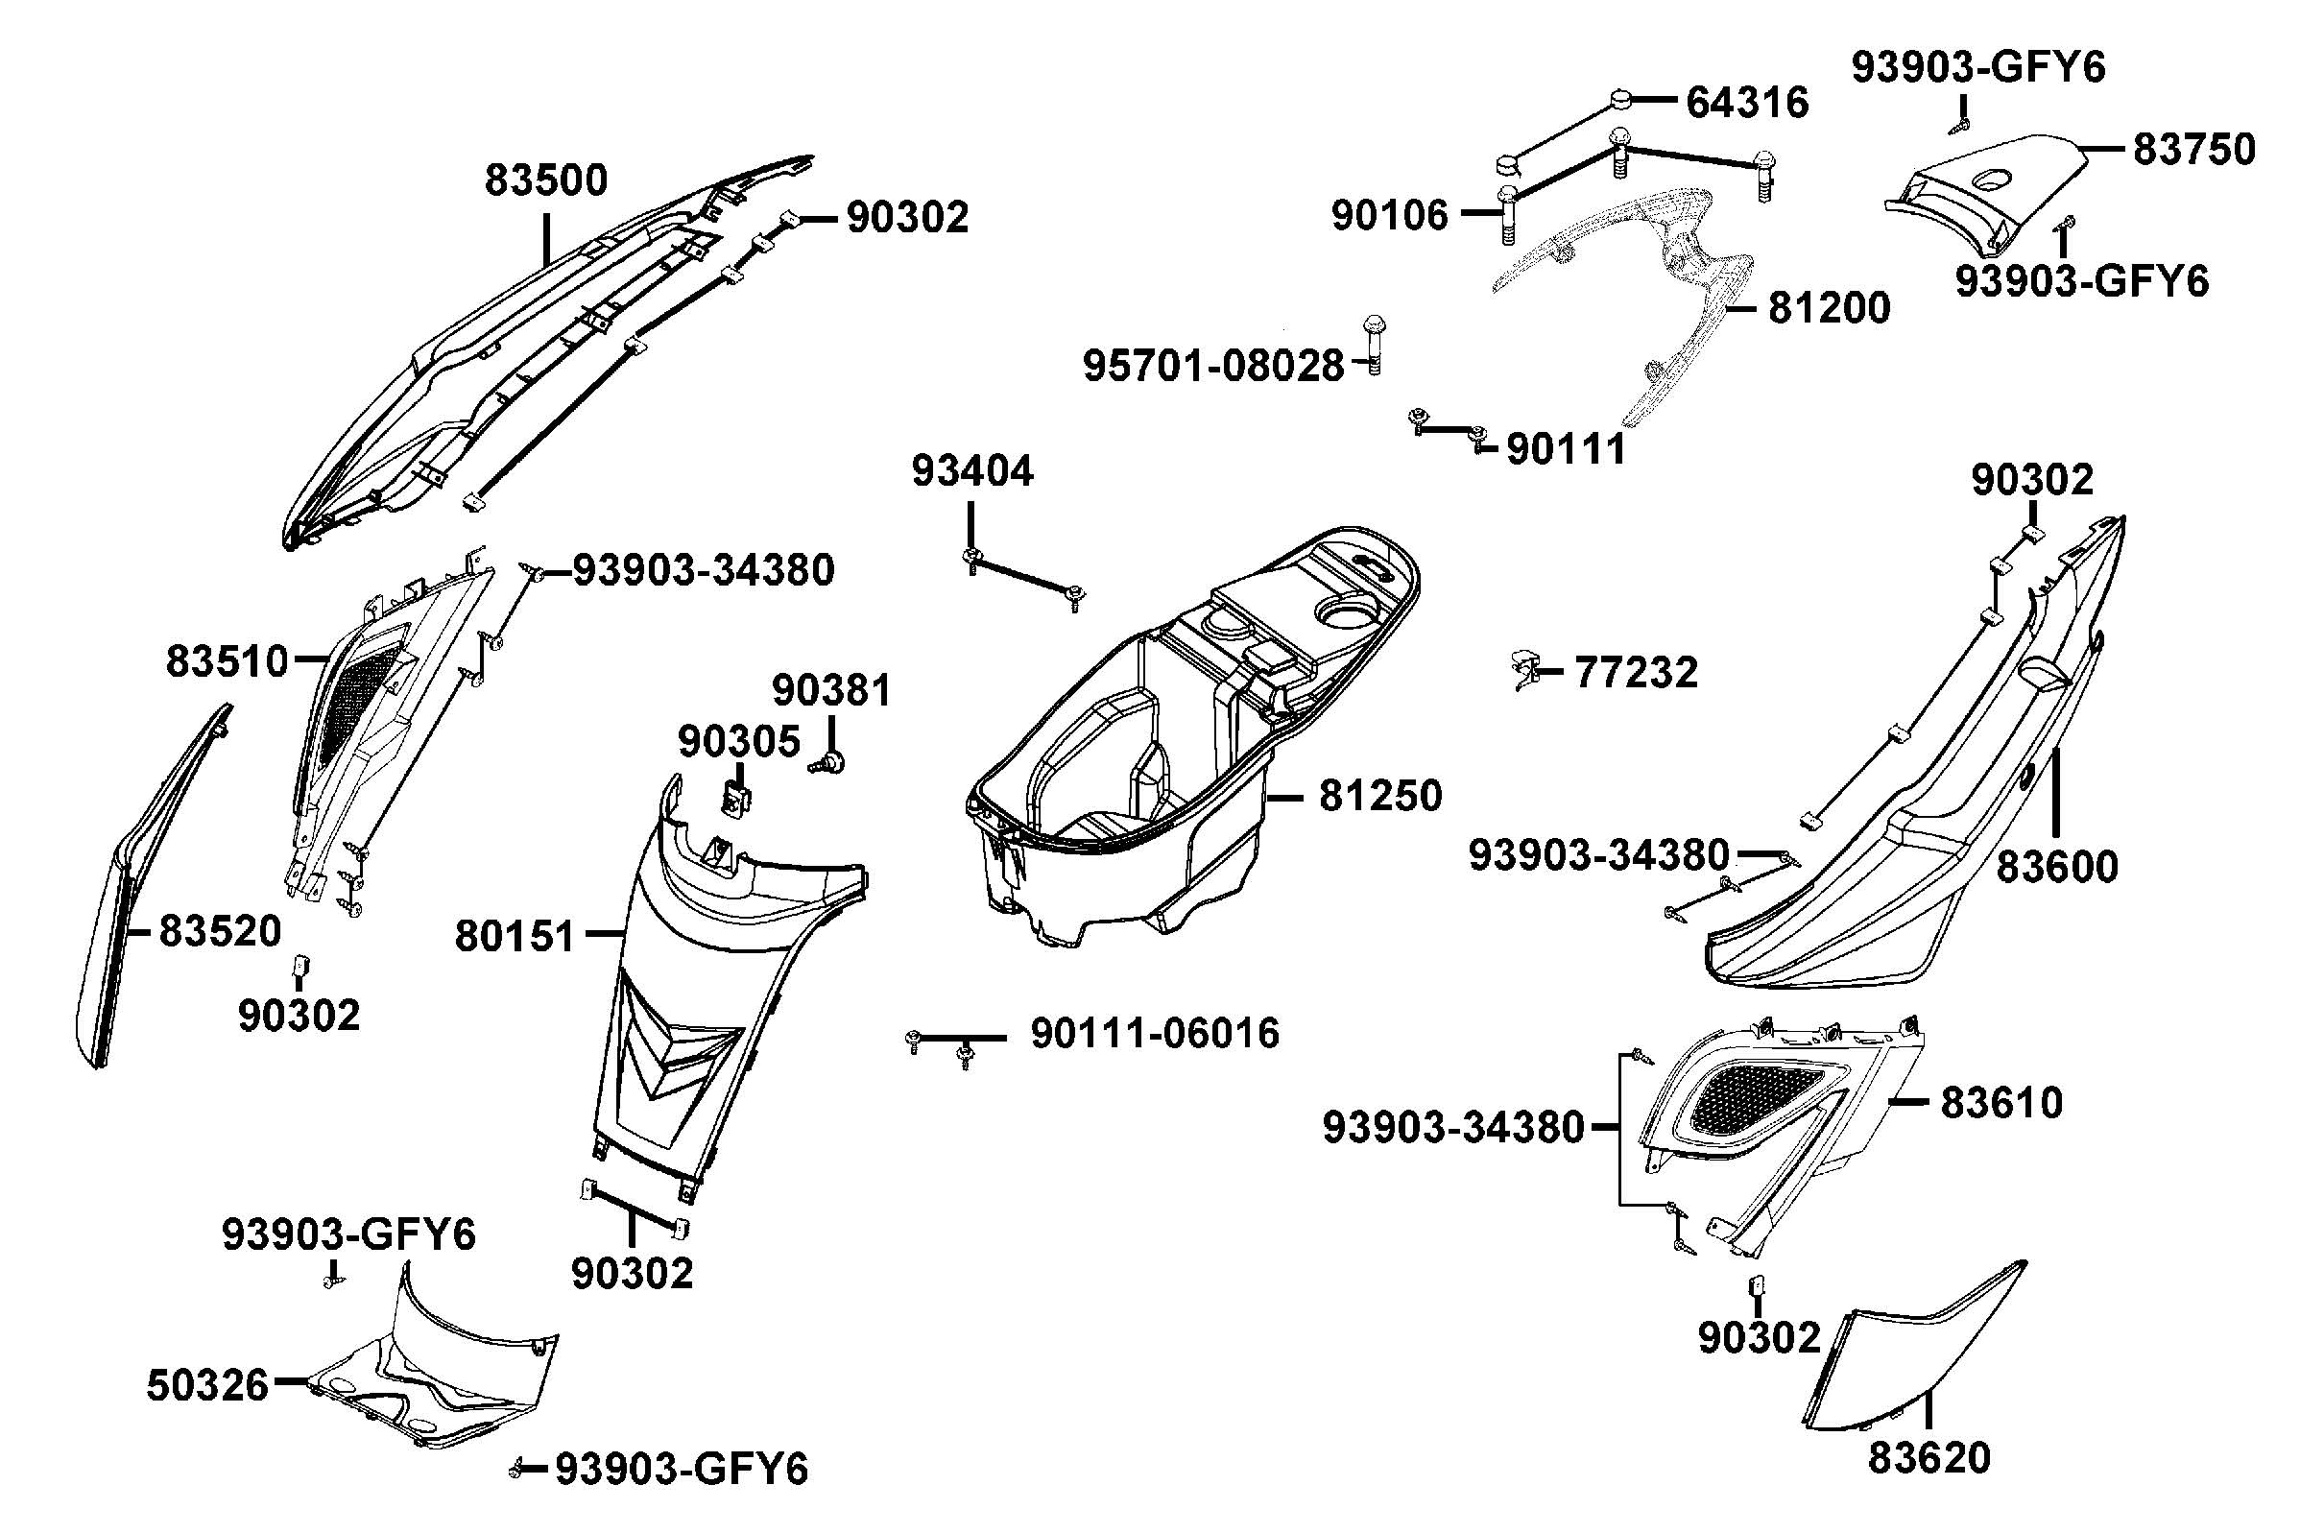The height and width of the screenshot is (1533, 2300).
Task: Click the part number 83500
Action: click(x=545, y=180)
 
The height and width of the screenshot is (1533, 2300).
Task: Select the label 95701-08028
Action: click(x=1213, y=366)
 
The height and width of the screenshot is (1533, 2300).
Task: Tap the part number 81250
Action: click(x=1379, y=796)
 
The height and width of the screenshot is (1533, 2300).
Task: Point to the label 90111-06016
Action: click(x=1155, y=1034)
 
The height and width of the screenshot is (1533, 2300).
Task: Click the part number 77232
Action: click(x=1637, y=673)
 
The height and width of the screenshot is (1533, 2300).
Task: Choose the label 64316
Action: click(x=1747, y=102)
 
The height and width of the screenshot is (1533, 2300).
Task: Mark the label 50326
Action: click(x=207, y=1385)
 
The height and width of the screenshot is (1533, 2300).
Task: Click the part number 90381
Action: click(x=831, y=691)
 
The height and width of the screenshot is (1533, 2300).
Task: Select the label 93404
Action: click(x=971, y=471)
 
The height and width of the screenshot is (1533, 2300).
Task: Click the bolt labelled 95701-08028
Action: click(x=1374, y=345)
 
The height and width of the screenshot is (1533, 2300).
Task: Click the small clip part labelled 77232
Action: click(x=1522, y=670)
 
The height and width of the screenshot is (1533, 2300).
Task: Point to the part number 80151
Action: click(x=515, y=937)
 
